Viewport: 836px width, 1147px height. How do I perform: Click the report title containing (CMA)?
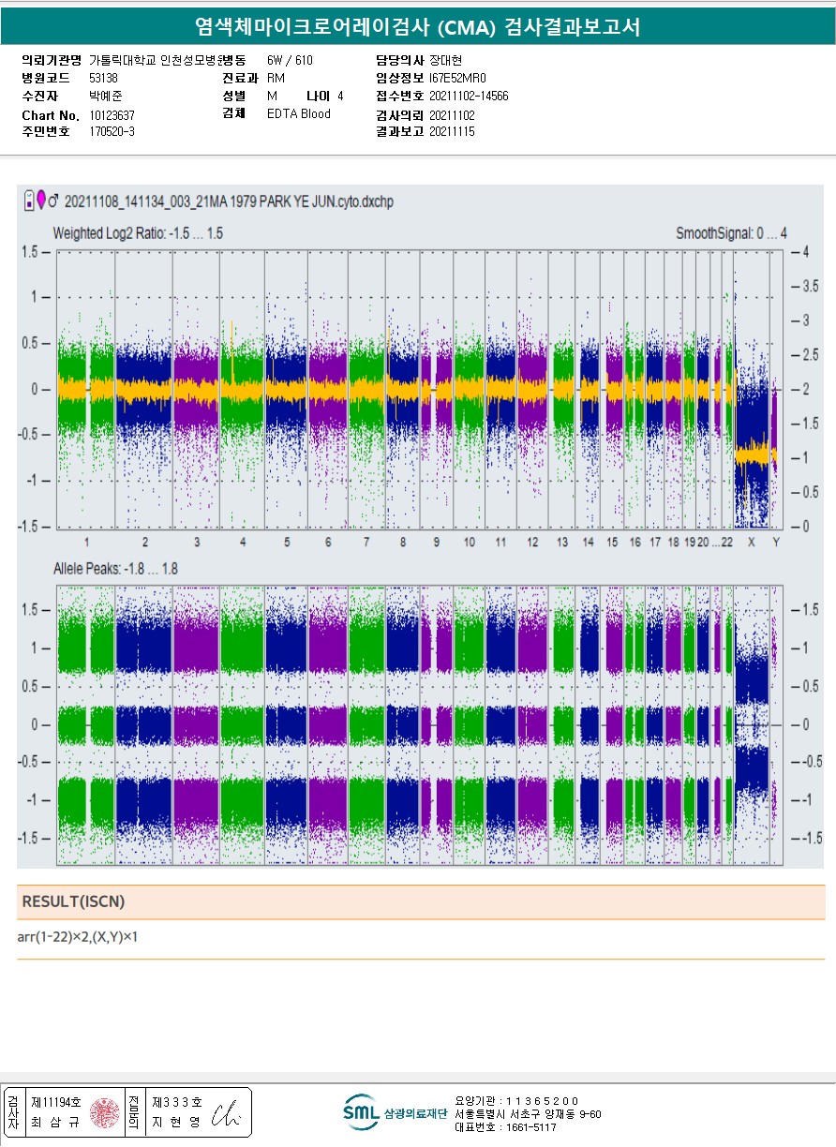click(417, 26)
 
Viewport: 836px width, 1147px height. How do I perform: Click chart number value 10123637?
click(111, 115)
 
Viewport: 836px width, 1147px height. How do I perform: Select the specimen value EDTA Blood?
click(299, 114)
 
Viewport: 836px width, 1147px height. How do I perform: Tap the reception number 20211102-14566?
click(469, 96)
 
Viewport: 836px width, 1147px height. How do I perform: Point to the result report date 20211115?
click(452, 132)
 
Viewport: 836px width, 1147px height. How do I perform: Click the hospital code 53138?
click(103, 78)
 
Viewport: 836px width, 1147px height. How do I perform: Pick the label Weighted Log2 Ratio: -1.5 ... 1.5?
click(138, 232)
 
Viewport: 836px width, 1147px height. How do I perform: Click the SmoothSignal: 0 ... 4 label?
click(731, 232)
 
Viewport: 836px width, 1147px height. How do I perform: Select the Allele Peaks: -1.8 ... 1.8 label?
click(115, 569)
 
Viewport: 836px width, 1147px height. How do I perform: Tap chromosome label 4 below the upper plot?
click(243, 543)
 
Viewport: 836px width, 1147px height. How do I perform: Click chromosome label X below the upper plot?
click(752, 543)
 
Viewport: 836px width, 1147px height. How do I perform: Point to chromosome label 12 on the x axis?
click(532, 543)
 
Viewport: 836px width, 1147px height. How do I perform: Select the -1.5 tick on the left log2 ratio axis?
click(34, 527)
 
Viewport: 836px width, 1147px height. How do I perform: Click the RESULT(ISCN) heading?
click(73, 901)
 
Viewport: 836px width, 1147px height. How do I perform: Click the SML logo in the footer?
click(361, 1112)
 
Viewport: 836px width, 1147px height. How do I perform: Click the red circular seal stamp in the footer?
click(105, 1112)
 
